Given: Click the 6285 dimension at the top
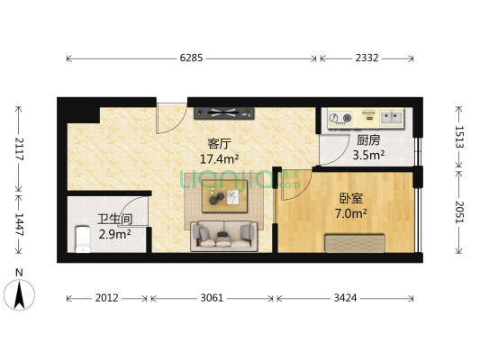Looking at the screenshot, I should [x=191, y=58].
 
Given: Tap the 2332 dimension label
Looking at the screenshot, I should [x=366, y=58].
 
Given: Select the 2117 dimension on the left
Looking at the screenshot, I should [x=17, y=148].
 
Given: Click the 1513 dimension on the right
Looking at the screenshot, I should [x=459, y=137].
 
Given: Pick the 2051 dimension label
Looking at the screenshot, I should [x=459, y=213].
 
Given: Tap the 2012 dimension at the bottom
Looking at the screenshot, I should [x=107, y=298].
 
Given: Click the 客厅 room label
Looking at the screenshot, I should [x=220, y=143].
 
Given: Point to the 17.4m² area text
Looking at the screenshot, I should [x=220, y=158].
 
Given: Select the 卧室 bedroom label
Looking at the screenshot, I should [x=351, y=199].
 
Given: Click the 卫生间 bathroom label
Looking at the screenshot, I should [x=114, y=219].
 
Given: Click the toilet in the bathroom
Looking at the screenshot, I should [x=83, y=239].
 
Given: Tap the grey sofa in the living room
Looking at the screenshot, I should [x=222, y=236].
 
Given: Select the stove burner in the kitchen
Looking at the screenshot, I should [x=340, y=116].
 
